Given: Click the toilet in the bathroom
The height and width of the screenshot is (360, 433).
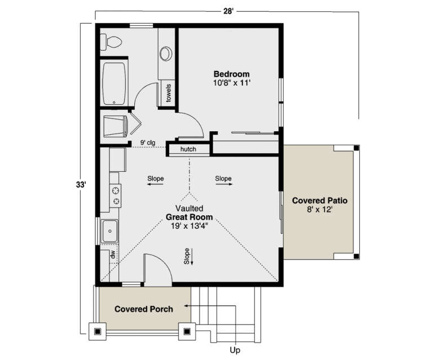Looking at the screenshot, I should point(111,41).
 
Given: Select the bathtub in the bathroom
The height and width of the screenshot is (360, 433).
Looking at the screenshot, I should point(114,83).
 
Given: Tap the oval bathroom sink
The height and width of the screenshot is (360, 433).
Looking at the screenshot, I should point(166,54).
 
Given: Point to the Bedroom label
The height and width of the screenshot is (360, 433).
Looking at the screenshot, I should point(231,74).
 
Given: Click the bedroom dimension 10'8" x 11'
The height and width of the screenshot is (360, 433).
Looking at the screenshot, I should point(231,83).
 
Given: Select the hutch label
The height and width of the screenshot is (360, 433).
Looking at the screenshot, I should point(188,150).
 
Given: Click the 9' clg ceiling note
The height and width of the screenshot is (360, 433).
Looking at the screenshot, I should point(148,143).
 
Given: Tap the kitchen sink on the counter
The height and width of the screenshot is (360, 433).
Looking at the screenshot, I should point(109,231).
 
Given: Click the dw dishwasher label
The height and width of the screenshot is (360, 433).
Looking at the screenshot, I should point(112,255).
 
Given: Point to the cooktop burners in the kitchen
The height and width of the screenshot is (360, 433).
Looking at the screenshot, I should point(116,195).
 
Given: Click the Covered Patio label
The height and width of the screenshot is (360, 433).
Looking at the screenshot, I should point(319,201).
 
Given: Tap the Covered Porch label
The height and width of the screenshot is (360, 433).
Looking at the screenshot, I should point(144,309).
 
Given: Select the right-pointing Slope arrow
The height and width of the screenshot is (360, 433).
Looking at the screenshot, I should point(223,179).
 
